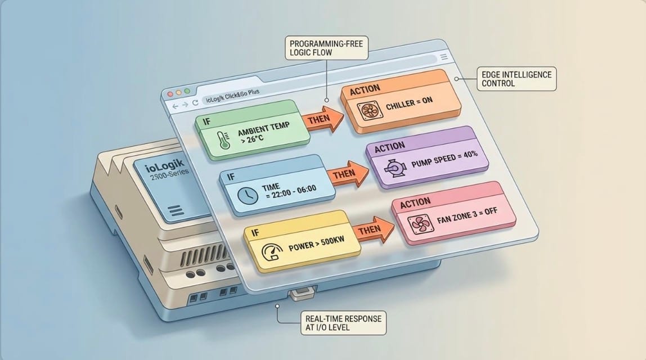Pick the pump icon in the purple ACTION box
[391, 168]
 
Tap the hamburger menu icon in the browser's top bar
[444, 57]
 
